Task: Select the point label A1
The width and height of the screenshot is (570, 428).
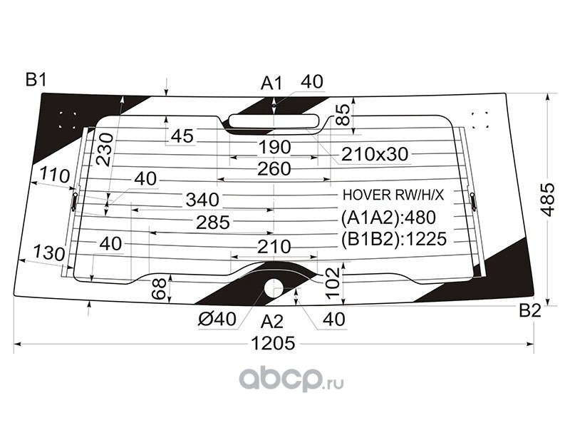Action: pyautogui.click(x=271, y=83)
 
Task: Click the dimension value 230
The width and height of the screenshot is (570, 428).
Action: pyautogui.click(x=105, y=149)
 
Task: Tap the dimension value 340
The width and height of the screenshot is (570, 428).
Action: pyautogui.click(x=203, y=199)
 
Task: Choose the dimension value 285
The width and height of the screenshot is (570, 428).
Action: pyautogui.click(x=213, y=223)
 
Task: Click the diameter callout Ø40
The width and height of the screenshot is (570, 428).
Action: pyautogui.click(x=214, y=320)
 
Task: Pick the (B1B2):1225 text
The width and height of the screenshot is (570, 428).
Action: pyautogui.click(x=393, y=239)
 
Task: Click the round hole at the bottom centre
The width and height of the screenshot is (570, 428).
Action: pyautogui.click(x=274, y=287)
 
